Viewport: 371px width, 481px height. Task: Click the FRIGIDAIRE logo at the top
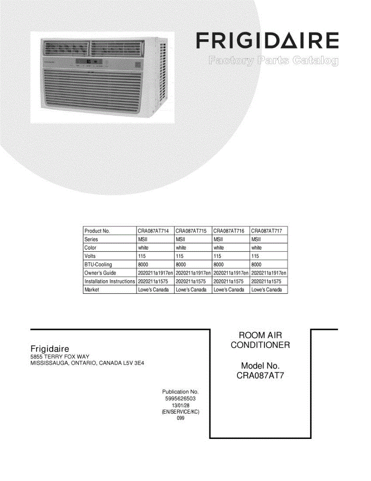coord(267,41)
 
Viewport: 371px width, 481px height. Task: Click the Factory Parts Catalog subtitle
coord(273,61)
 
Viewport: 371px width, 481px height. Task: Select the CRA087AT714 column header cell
coord(153,231)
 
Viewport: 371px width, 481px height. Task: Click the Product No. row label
coord(97,231)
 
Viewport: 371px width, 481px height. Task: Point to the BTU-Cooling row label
coord(98,265)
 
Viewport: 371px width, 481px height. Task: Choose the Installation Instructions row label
coord(110,281)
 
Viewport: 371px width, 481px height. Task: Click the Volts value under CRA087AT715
coord(179,256)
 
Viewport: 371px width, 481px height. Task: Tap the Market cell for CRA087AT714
coord(153,290)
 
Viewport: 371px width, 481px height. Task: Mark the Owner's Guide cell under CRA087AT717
coord(269,273)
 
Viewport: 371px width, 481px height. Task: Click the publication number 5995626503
coord(180,399)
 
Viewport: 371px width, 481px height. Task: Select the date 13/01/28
coord(180,406)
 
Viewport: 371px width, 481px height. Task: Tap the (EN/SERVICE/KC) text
coord(180,412)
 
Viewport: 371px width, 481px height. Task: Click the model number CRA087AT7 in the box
coord(260,376)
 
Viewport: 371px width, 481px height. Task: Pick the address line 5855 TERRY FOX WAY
coord(60,357)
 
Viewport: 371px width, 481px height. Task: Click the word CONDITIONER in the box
coord(260,345)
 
